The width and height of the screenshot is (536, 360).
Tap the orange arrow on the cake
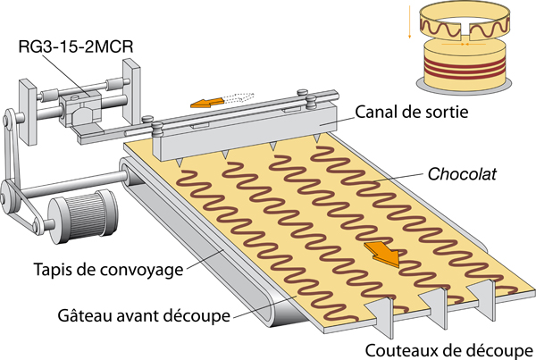pos(381,252)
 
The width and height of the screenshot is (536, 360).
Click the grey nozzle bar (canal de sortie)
pos(241,126)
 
